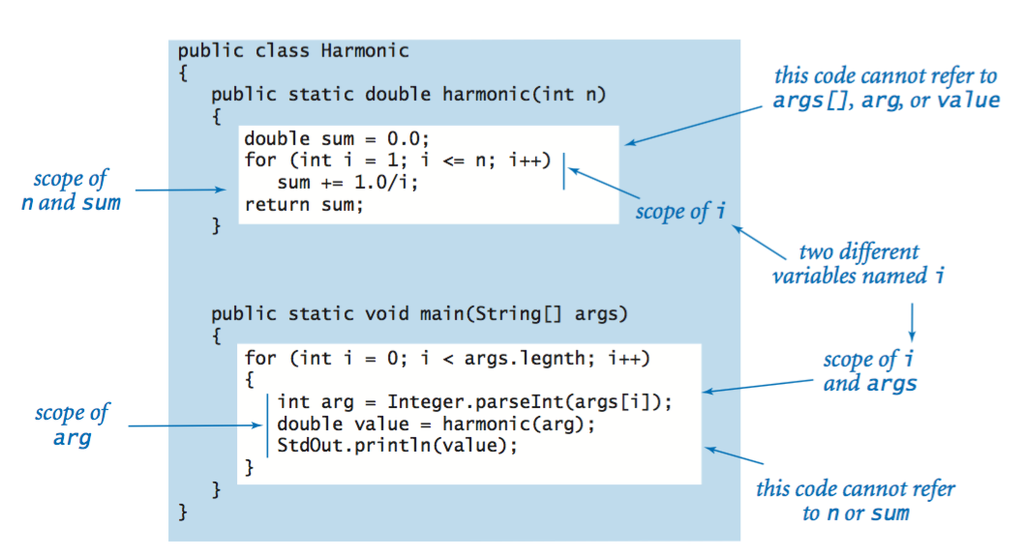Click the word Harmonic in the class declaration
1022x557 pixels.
point(364,51)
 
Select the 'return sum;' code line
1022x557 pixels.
point(304,205)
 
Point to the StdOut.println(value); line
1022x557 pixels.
point(397,446)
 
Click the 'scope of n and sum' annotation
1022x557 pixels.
point(71,191)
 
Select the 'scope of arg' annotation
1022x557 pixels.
point(73,425)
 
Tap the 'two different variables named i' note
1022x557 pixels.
point(858,264)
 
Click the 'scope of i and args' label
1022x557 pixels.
point(869,371)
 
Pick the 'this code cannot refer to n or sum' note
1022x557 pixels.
point(856,501)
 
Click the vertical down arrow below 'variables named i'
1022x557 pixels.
point(912,322)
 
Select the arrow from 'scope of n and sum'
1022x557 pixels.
point(181,190)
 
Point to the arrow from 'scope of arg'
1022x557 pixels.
point(195,425)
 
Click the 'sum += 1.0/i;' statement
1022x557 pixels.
point(347,183)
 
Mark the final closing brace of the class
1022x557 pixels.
point(183,513)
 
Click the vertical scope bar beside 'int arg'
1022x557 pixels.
point(267,425)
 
